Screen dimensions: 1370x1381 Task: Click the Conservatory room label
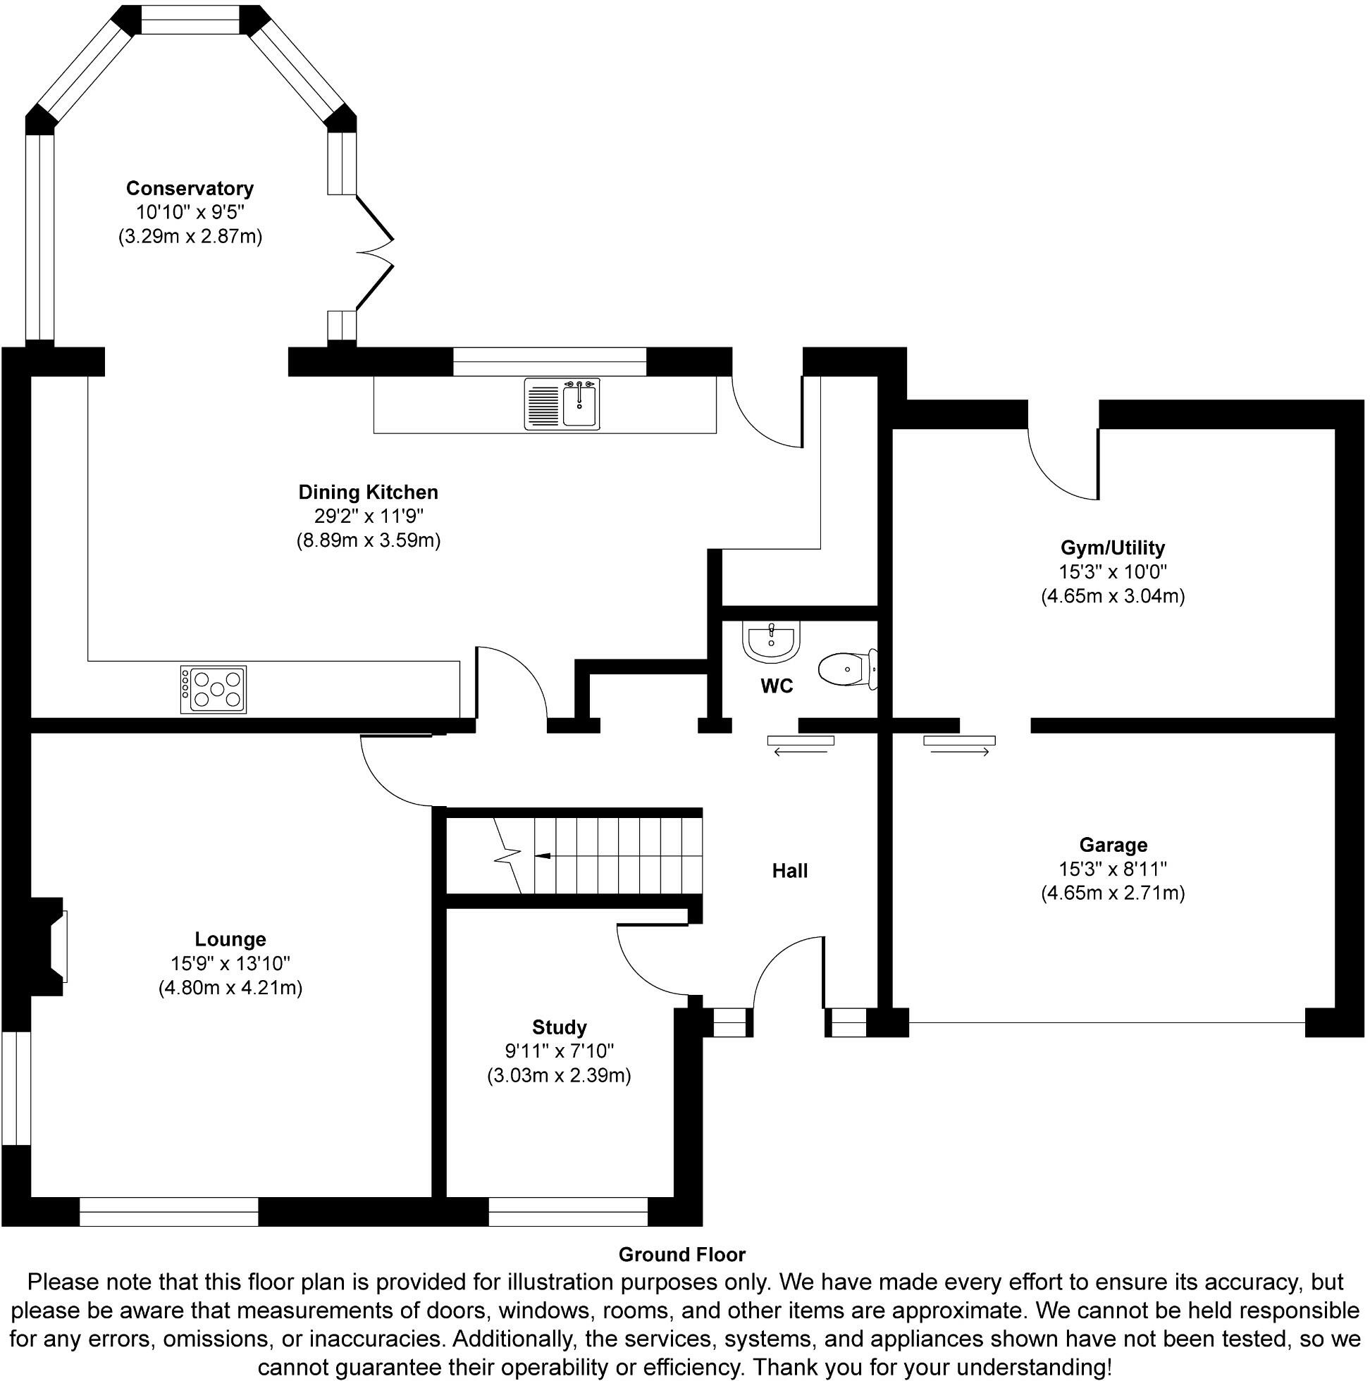(190, 189)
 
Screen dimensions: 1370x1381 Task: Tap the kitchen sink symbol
(561, 404)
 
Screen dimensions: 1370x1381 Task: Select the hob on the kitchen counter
(213, 690)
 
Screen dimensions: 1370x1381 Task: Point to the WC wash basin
(771, 640)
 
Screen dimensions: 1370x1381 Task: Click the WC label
(777, 686)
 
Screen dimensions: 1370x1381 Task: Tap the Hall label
(789, 871)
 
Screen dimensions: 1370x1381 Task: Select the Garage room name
(1113, 845)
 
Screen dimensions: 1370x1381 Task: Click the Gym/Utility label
(1113, 548)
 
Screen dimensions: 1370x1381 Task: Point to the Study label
(559, 1027)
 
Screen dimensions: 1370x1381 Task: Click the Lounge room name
(230, 939)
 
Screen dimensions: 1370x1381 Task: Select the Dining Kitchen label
(369, 492)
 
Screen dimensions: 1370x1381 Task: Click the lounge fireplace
(50, 946)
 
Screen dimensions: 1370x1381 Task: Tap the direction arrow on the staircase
(542, 855)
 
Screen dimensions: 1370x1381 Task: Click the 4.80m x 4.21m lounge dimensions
(230, 988)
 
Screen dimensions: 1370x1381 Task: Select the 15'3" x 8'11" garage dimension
(1113, 869)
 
